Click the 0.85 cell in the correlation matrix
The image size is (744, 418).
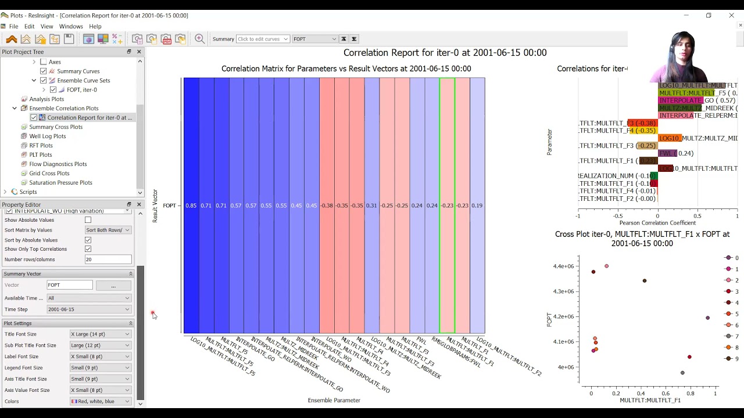click(x=191, y=206)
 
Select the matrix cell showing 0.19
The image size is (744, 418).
click(x=477, y=206)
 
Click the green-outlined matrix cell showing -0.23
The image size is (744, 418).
click(x=447, y=206)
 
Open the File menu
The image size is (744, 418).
click(x=13, y=26)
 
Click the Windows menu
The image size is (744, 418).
click(x=71, y=26)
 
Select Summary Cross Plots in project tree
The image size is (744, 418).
click(x=56, y=127)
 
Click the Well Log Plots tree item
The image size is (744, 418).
click(x=48, y=136)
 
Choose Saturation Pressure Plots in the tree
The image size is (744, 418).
click(x=60, y=182)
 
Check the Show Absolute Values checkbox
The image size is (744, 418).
click(x=88, y=220)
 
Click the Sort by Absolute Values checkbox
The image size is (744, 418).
click(x=88, y=240)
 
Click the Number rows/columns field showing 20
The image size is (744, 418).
click(x=108, y=260)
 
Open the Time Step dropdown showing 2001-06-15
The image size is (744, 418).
click(x=89, y=309)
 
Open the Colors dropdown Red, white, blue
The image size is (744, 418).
click(x=101, y=401)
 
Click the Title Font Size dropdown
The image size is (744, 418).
click(x=101, y=334)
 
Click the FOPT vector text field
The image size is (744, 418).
click(x=70, y=285)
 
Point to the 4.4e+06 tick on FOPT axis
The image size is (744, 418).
click(x=563, y=266)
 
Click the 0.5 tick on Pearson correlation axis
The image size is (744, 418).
click(x=697, y=216)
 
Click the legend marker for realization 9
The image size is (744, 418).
click(x=728, y=359)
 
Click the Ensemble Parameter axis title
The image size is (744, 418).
click(x=334, y=400)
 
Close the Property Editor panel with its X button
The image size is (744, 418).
click(x=139, y=204)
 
